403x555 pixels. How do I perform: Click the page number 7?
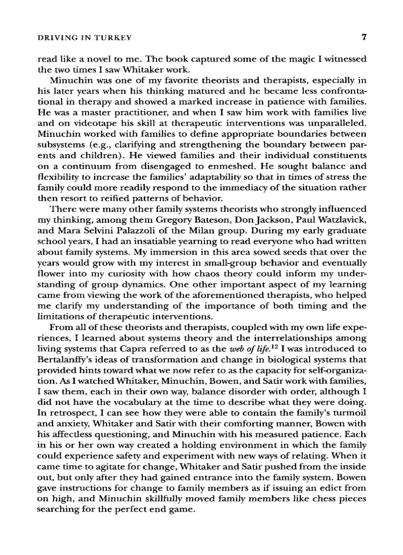(363, 37)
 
